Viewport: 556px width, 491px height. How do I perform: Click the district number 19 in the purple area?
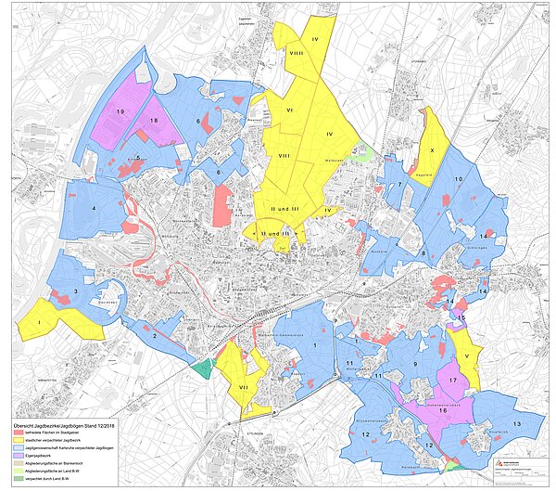[120, 111]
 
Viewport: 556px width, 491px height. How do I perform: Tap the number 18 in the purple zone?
[154, 122]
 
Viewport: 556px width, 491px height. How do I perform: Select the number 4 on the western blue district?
[95, 208]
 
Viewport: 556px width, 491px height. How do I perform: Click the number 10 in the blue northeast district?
[458, 179]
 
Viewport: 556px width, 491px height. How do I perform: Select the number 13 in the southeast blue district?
[515, 423]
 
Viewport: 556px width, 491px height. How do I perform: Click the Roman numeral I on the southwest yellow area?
[41, 322]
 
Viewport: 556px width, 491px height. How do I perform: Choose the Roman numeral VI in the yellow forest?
[290, 110]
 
